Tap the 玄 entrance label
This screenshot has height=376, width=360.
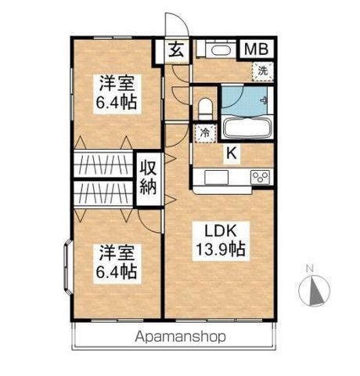pyautogui.click(x=177, y=51)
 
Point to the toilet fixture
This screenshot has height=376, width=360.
pyautogui.click(x=206, y=106)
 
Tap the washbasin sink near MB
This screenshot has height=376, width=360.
pyautogui.click(x=218, y=51)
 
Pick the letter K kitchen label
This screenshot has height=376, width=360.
pyautogui.click(x=232, y=154)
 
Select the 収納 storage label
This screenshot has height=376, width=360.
pyautogui.click(x=149, y=177)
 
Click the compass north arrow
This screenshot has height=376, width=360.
pyautogui.click(x=315, y=292)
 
